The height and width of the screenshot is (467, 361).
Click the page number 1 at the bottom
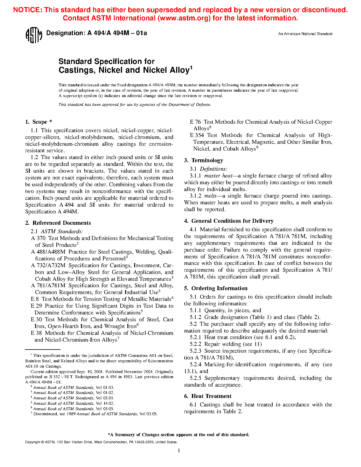point(179,451)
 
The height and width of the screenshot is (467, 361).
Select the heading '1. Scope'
point(39,122)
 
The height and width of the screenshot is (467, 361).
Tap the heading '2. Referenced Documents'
point(58,223)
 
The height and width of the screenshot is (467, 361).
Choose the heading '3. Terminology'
point(204,160)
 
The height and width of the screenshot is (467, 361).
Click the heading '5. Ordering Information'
point(216,288)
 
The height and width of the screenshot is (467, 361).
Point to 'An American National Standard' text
point(305,34)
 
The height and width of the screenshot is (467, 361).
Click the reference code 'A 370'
point(38,238)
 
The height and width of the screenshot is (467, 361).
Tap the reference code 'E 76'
point(195,122)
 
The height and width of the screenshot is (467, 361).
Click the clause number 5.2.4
point(195,365)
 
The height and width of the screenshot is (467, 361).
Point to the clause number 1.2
point(34,157)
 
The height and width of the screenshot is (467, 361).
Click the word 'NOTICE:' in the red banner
point(27,10)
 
